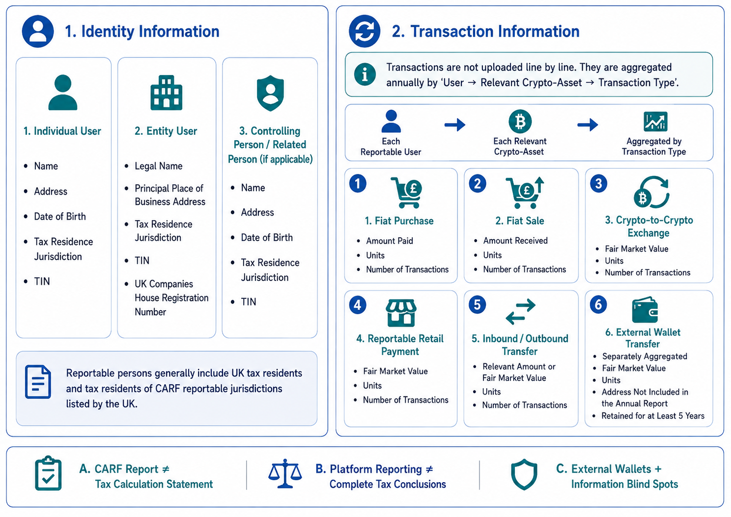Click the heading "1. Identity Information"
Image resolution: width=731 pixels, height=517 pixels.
[x=142, y=32]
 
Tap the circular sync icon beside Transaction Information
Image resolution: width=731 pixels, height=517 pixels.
[x=365, y=31]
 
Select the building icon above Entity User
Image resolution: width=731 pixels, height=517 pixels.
[x=166, y=93]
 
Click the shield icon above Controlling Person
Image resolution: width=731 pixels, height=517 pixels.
[x=270, y=93]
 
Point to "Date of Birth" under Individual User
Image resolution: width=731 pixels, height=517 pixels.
[x=60, y=216]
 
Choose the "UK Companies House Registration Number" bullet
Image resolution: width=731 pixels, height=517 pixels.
[x=171, y=298]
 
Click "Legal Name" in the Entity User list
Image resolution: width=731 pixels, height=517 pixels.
[x=158, y=166]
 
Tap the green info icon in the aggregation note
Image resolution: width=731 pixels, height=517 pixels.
[x=365, y=74]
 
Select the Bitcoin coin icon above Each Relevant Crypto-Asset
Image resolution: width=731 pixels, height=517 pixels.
[x=520, y=122]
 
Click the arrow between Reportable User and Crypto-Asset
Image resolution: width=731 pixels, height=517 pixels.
[x=455, y=124]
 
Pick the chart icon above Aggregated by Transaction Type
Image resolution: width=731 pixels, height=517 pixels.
[x=655, y=121]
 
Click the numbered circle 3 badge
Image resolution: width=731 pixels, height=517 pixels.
[x=599, y=184]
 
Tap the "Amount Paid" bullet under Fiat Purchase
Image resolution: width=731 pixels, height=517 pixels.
[x=389, y=241]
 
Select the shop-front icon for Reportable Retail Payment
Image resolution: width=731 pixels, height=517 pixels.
[x=401, y=313]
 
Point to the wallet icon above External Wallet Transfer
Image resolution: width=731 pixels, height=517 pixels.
[x=645, y=310]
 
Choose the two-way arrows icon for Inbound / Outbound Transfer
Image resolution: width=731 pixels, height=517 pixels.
[x=521, y=312]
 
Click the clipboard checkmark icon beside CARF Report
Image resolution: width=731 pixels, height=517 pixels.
[x=49, y=473]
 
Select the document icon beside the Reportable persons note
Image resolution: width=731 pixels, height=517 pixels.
[x=38, y=382]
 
